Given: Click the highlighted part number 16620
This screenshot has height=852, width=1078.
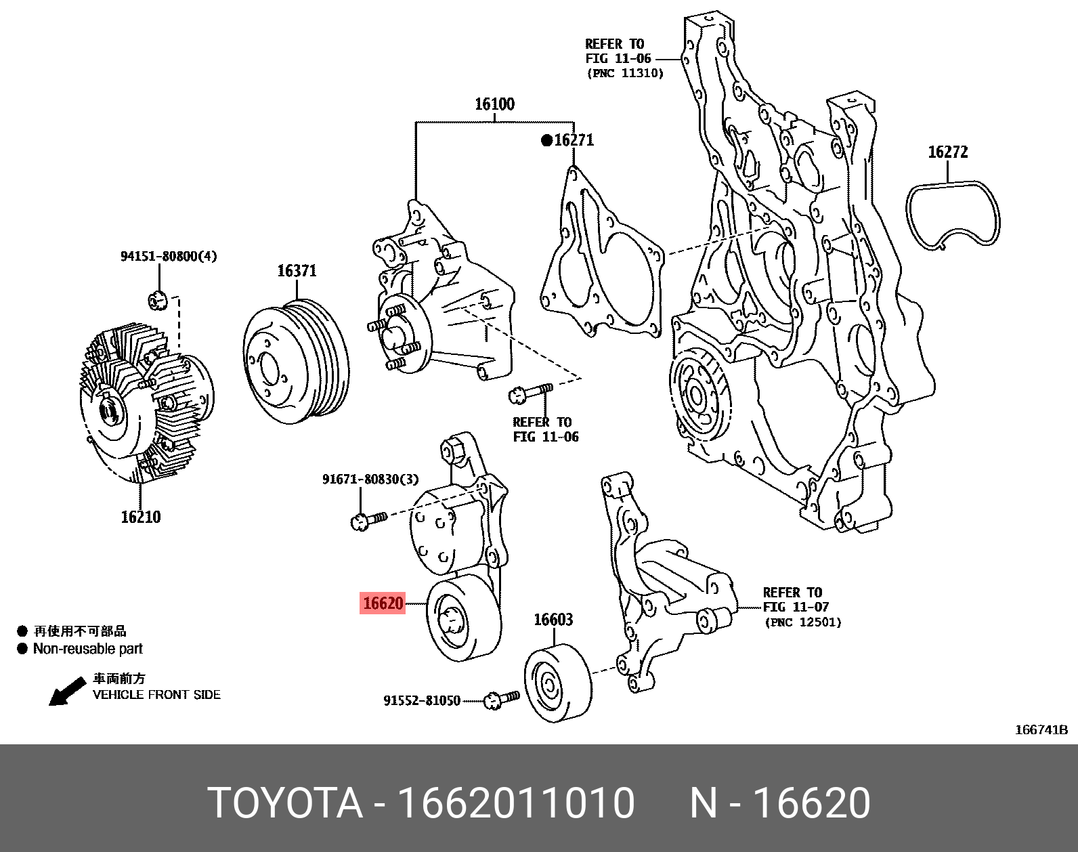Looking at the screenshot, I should coord(383,603).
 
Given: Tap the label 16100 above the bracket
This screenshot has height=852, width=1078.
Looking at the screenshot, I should coord(494,104).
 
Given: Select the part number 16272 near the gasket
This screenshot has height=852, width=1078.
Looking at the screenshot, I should coord(947,152).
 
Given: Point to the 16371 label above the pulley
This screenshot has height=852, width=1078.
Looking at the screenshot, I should coord(297,271).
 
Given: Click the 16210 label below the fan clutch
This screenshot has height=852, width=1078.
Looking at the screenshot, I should coord(141,517).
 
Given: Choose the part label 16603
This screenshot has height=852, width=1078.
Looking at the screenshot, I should coord(553,620).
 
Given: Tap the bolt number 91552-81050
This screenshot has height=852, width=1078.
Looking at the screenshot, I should coord(421,700).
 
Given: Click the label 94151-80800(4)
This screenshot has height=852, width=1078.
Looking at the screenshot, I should coord(169,256).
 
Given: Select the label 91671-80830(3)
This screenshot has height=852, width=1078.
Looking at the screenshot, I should coord(370,480).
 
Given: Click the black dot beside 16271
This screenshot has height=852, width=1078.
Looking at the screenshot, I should coord(546,141).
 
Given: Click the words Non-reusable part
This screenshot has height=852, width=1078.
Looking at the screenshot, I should coord(88,649).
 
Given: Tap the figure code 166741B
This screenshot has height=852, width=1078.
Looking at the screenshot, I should coord(1041,729).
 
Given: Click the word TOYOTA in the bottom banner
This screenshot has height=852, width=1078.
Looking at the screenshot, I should coord(284,803).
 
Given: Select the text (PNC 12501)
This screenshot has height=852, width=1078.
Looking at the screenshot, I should coord(803,622).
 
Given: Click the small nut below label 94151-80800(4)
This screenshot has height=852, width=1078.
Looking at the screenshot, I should coord(157,299).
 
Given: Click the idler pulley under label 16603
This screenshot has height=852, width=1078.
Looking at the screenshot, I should coord(557,684).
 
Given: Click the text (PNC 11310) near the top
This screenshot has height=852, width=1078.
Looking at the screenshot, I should coord(624,73).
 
